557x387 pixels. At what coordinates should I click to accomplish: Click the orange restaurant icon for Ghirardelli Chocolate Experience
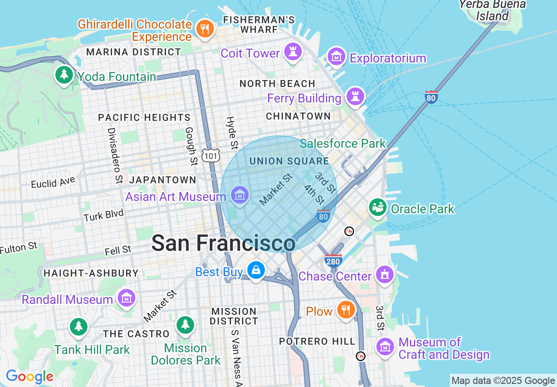[204, 29]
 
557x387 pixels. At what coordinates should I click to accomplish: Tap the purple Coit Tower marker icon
[293, 52]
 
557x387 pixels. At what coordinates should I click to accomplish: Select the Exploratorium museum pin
[336, 56]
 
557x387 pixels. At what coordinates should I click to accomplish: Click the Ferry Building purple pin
[355, 96]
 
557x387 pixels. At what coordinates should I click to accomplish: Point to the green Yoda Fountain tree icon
[64, 75]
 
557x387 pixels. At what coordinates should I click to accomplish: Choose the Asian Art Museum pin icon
[240, 195]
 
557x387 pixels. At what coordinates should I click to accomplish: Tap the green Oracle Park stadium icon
[377, 207]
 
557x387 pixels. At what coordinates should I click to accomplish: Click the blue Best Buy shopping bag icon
[256, 270]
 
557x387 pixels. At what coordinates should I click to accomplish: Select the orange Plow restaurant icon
[346, 310]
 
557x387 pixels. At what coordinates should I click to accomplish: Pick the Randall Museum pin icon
[127, 298]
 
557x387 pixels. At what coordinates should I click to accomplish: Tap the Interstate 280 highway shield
[333, 261]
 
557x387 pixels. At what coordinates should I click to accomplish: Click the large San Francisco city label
[223, 243]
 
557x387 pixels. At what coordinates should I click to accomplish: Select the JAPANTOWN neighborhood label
[163, 180]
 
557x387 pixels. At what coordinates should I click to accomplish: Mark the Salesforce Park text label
[343, 143]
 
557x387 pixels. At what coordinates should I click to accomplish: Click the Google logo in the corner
[29, 376]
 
